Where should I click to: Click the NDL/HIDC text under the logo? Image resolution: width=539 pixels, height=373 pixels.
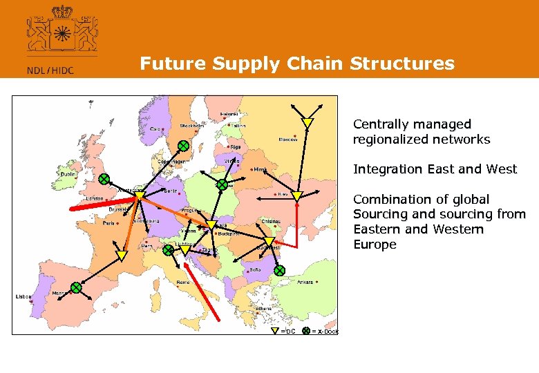click(x=50, y=69)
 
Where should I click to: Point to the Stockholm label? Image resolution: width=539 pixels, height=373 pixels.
click(x=192, y=126)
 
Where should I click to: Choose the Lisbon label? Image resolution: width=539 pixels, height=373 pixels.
click(x=23, y=296)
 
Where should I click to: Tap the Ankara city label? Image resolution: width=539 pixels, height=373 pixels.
click(x=305, y=282)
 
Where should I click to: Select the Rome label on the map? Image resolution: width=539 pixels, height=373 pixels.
click(x=183, y=282)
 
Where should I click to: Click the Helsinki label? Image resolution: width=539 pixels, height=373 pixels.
click(x=229, y=114)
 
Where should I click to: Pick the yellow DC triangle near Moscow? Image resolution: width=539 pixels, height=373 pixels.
click(x=308, y=124)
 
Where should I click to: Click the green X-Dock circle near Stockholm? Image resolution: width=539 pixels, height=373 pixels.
click(x=183, y=146)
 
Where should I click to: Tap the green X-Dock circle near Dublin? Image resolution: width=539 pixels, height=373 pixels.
click(x=104, y=179)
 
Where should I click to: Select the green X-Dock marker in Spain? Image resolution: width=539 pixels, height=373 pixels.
click(x=76, y=287)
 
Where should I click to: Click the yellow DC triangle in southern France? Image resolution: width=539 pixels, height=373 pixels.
click(x=122, y=256)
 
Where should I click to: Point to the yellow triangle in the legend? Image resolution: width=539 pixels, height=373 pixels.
click(x=275, y=331)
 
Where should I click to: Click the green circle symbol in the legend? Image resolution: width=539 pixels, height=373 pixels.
click(x=306, y=331)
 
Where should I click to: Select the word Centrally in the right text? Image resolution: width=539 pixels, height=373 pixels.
click(x=379, y=124)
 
